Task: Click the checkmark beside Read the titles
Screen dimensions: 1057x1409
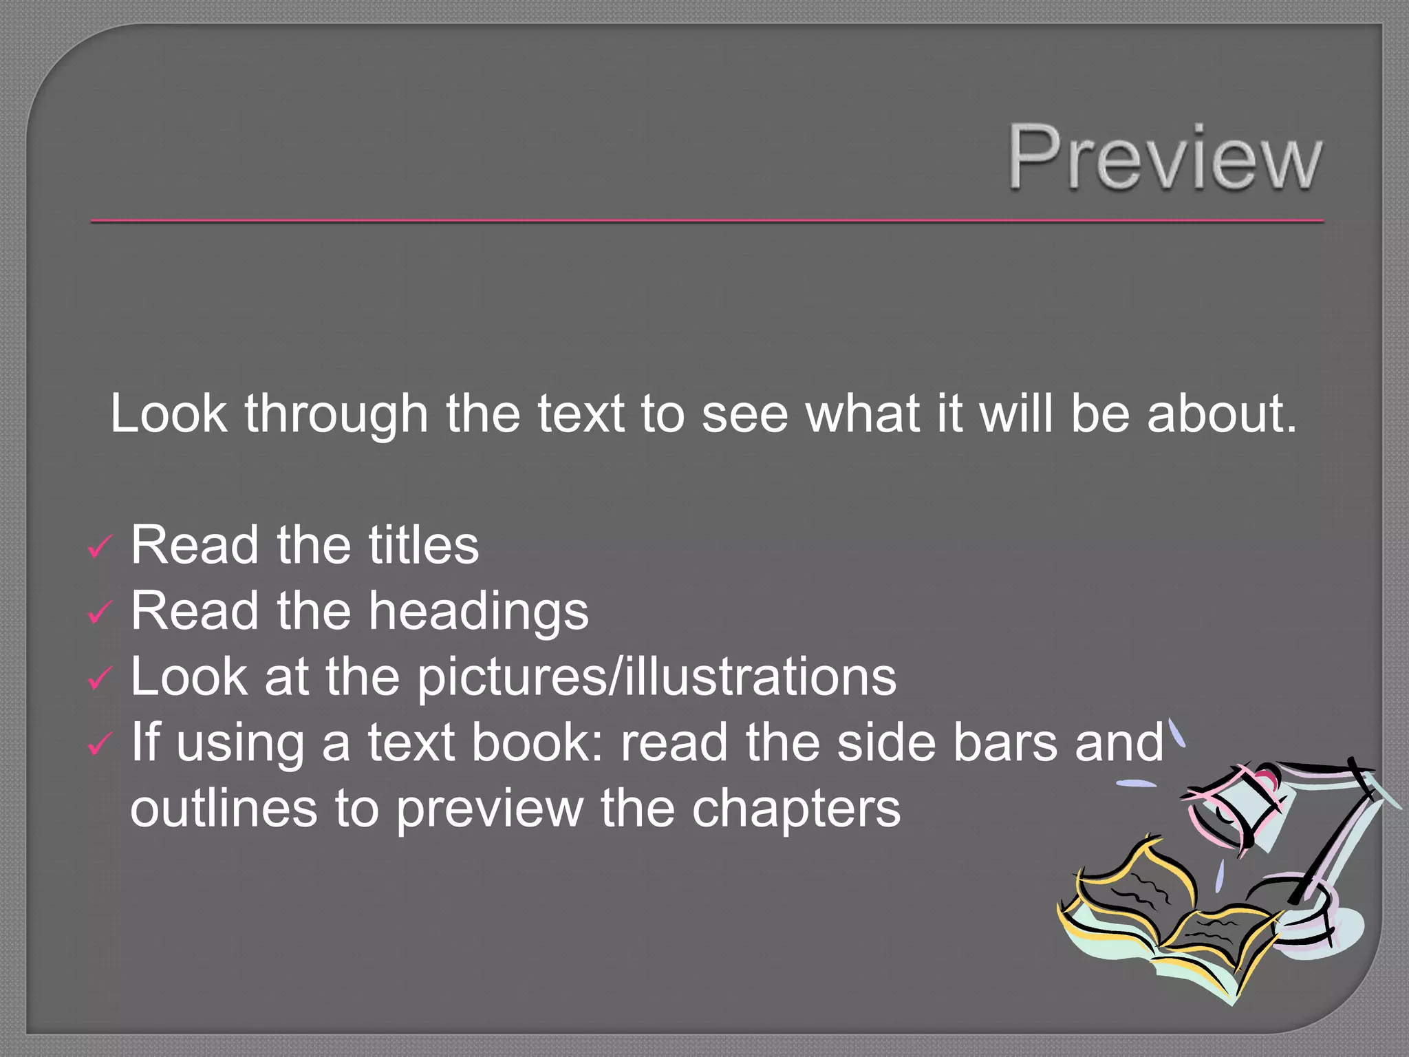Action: tap(100, 547)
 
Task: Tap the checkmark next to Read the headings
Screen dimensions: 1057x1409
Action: tap(100, 612)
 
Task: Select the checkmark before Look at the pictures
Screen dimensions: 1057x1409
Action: tap(100, 679)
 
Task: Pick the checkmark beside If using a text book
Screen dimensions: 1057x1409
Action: tap(100, 743)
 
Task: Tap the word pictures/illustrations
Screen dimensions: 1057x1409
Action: tap(657, 677)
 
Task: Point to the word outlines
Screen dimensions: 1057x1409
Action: tap(224, 809)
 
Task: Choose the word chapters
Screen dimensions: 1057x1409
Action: tap(796, 810)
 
